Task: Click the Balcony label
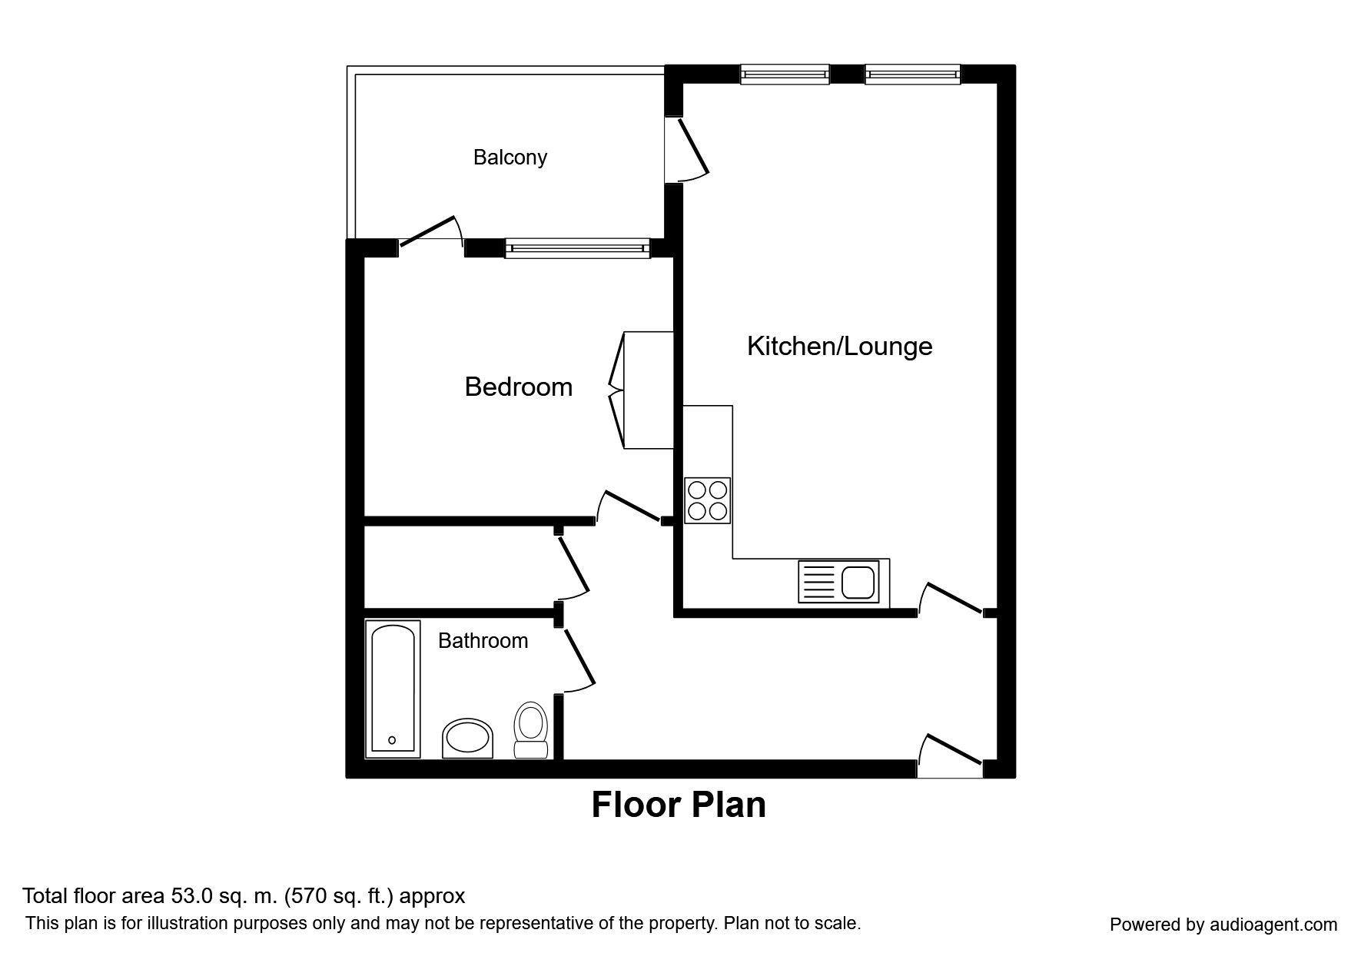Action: [510, 158]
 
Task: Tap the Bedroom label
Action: [519, 387]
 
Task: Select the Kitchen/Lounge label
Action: [840, 347]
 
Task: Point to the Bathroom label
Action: [483, 641]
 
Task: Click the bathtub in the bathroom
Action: [393, 688]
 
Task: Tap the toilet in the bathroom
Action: [530, 730]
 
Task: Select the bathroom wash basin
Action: [468, 739]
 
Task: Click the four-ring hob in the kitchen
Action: [708, 500]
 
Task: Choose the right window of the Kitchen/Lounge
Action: [913, 75]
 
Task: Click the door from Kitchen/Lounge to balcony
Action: [691, 147]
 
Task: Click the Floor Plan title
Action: [679, 805]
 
